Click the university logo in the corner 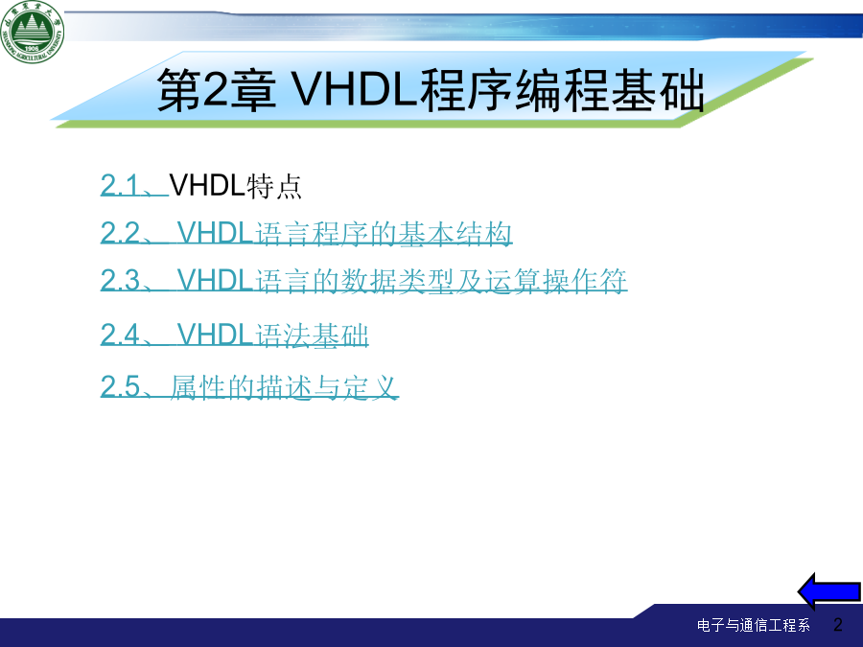32,32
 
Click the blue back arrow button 828,591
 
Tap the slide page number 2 838,624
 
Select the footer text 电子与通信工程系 754,625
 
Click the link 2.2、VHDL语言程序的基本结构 306,233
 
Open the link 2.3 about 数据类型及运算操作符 363,281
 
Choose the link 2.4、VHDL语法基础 234,335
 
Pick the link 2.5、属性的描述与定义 248,386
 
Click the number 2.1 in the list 120,185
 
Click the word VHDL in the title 354,90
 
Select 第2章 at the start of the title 217,90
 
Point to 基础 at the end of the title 657,90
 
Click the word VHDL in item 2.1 207,185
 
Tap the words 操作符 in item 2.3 585,281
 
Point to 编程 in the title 562,90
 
